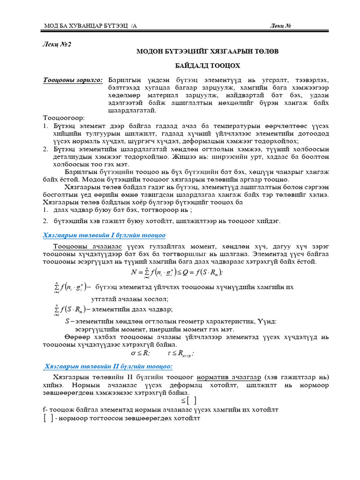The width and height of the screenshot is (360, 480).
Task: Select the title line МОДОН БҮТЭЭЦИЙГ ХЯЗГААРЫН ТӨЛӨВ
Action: [x=207, y=52]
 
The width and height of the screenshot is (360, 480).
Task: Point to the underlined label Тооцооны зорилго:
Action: [x=73, y=80]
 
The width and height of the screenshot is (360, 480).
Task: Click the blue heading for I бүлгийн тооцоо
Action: [x=104, y=235]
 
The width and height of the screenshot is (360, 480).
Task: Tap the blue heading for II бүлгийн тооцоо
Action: [x=108, y=367]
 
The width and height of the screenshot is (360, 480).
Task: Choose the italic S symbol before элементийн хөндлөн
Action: [x=66, y=321]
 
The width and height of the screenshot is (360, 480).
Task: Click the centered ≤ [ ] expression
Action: [x=188, y=401]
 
